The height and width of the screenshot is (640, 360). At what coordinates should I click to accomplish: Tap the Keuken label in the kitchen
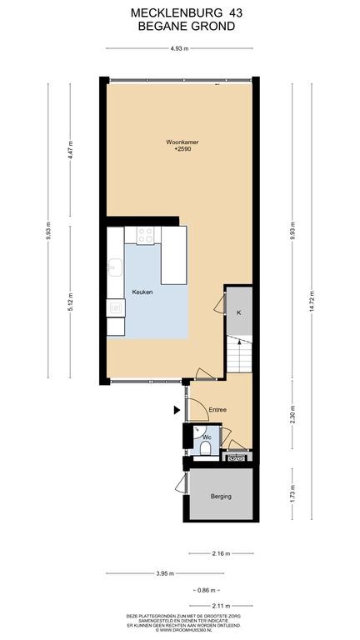pyautogui.click(x=142, y=292)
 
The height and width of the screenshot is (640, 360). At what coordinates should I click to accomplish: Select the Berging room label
pyautogui.click(x=221, y=497)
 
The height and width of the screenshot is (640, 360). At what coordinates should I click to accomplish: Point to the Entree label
pyautogui.click(x=217, y=409)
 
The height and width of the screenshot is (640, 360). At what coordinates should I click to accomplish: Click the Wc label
pyautogui.click(x=207, y=437)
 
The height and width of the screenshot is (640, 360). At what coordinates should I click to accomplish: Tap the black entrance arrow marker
pyautogui.click(x=177, y=410)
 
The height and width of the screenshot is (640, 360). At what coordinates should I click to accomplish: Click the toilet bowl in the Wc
pyautogui.click(x=206, y=449)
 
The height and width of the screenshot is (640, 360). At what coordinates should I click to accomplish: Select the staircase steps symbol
pyautogui.click(x=239, y=353)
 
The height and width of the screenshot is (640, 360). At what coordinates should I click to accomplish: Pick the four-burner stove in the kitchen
pyautogui.click(x=145, y=236)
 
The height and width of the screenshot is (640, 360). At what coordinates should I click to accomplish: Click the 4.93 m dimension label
pyautogui.click(x=179, y=48)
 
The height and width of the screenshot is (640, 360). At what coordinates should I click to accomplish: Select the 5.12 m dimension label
pyautogui.click(x=70, y=302)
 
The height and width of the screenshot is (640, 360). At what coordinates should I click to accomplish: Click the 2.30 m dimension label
pyautogui.click(x=292, y=414)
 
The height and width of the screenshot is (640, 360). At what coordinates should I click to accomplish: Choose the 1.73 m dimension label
pyautogui.click(x=292, y=494)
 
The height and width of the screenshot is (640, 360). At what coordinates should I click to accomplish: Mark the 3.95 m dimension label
pyautogui.click(x=165, y=573)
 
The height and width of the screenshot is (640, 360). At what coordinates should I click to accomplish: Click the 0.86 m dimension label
pyautogui.click(x=206, y=590)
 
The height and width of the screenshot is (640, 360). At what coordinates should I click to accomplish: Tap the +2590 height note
pyautogui.click(x=182, y=149)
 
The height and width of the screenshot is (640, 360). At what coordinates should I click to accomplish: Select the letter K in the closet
pyautogui.click(x=239, y=312)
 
